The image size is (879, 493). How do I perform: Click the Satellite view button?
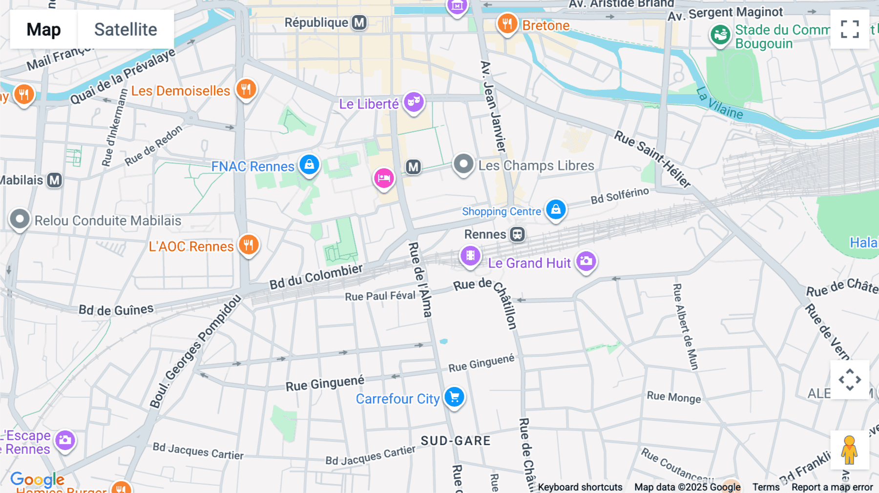click(126, 29)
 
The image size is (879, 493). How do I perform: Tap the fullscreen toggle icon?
click(850, 29)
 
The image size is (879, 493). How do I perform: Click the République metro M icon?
click(359, 22)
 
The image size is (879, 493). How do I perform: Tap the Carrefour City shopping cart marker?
click(454, 397)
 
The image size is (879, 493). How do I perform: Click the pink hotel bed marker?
click(384, 178)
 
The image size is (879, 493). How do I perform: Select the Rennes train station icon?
click(518, 234)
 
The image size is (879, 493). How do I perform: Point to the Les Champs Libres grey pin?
click(463, 164)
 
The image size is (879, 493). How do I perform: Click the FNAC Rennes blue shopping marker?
click(309, 165)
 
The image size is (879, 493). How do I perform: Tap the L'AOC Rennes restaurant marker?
click(249, 245)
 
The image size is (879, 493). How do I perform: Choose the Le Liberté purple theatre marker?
click(414, 102)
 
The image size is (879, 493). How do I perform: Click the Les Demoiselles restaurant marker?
click(246, 89)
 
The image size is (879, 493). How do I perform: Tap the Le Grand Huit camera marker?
click(586, 261)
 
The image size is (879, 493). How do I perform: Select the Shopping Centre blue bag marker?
click(556, 209)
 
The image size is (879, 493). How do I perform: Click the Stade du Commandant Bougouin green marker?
click(720, 35)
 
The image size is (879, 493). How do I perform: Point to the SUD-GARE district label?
click(455, 441)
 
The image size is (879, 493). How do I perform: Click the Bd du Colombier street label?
click(316, 277)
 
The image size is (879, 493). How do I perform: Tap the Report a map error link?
click(832, 487)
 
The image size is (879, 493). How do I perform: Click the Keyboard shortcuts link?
click(580, 487)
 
